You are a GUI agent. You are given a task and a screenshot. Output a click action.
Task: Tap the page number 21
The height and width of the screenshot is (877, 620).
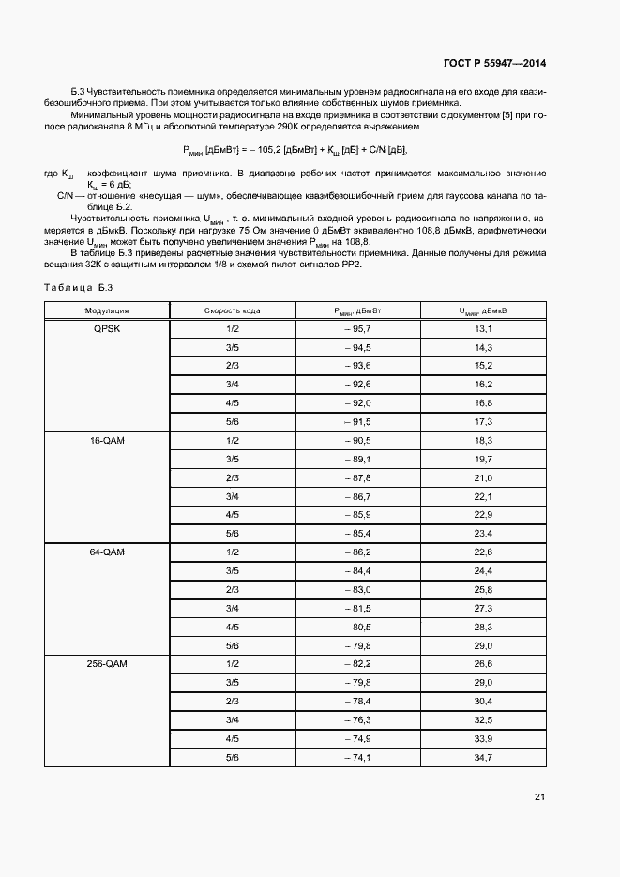(x=539, y=797)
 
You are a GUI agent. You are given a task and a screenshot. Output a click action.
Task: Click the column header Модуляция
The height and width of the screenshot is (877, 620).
(x=107, y=310)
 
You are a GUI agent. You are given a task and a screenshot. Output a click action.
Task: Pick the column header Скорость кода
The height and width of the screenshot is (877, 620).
(x=233, y=310)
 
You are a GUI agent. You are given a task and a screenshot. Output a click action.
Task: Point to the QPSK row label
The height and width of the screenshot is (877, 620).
(x=107, y=329)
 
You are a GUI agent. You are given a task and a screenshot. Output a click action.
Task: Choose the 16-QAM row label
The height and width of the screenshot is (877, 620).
(x=107, y=441)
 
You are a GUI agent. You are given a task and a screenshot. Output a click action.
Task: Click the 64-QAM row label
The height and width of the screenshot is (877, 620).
(x=107, y=552)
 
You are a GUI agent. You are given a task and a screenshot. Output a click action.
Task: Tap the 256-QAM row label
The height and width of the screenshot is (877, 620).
(x=107, y=664)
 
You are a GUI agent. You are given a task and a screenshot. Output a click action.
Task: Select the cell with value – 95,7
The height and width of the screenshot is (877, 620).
(x=357, y=329)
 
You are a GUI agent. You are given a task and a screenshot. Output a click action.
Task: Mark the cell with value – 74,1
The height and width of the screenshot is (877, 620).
(x=357, y=757)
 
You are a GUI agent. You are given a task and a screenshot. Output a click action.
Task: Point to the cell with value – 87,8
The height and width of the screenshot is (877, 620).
(x=357, y=478)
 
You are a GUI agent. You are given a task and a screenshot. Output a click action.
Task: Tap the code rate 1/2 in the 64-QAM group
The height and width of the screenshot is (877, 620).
(x=233, y=552)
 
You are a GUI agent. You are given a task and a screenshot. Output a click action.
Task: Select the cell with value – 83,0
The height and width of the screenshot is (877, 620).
(x=357, y=590)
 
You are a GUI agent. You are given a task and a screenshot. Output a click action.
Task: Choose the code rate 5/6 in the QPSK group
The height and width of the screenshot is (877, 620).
(x=233, y=422)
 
